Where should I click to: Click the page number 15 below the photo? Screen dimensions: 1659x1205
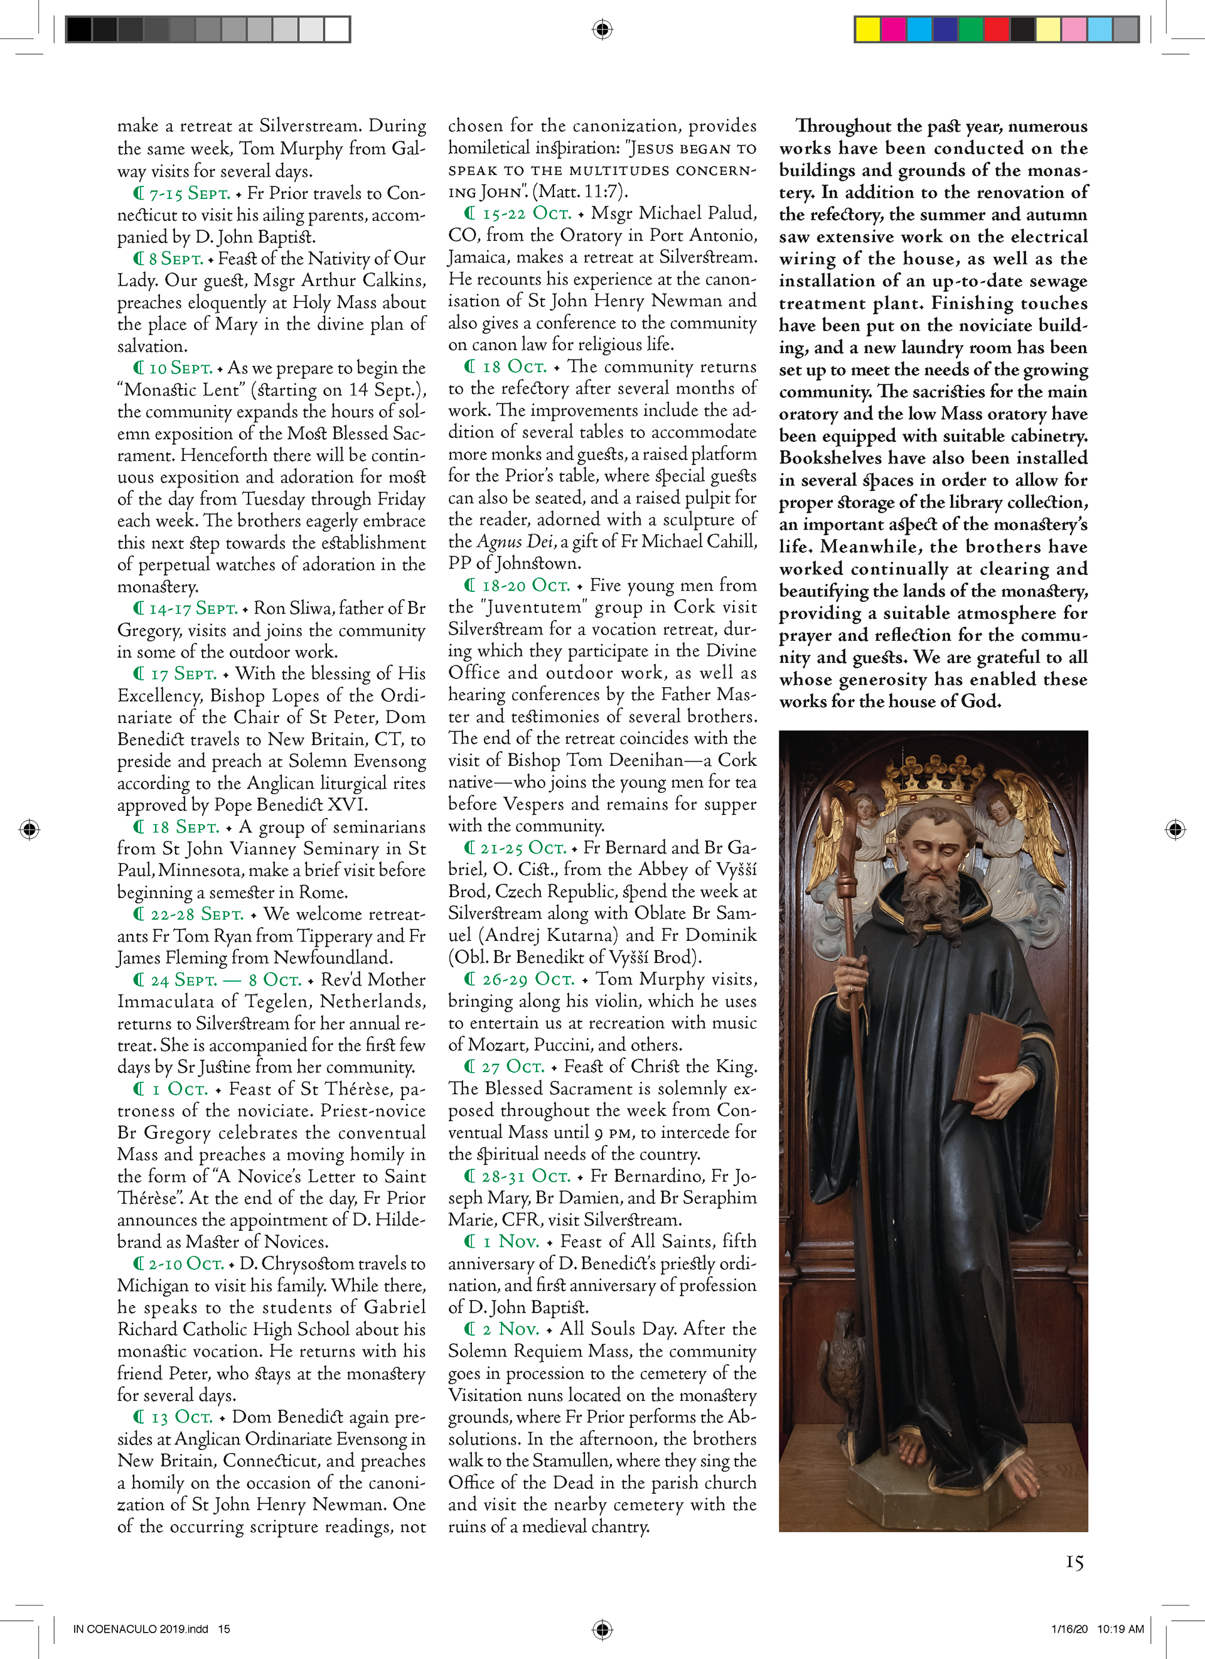click(1073, 1562)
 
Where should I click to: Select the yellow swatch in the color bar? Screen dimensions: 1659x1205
click(867, 30)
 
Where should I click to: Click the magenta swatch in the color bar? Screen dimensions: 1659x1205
click(893, 30)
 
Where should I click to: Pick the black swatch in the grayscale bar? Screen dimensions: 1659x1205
click(79, 30)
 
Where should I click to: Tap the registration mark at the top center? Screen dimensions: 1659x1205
click(602, 30)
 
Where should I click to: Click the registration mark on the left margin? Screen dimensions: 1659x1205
click(29, 829)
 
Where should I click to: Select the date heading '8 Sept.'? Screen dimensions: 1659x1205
click(176, 259)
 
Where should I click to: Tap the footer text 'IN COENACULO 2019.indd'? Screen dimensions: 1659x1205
click(141, 1628)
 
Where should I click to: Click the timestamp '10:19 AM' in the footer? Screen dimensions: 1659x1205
click(1120, 1628)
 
